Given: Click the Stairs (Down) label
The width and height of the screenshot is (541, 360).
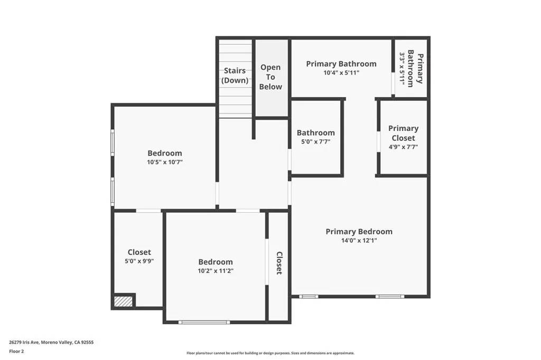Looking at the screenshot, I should click(235, 75).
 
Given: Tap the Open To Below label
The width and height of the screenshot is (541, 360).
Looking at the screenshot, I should click(270, 77).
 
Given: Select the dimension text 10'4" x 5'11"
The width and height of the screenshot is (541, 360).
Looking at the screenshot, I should click(341, 73).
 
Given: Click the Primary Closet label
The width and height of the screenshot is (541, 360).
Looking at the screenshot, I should click(403, 133).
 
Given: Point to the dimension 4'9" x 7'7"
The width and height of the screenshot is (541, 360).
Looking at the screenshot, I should click(403, 147).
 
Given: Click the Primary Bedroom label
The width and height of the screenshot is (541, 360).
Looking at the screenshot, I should click(359, 231).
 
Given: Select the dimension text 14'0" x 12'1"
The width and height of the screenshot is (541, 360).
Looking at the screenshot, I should click(359, 240).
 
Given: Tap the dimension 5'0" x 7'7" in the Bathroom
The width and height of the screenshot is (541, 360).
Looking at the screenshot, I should click(315, 142).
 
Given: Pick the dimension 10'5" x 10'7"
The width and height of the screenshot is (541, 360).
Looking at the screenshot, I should click(164, 163).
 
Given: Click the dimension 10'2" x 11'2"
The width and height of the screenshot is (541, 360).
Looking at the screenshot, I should click(215, 271).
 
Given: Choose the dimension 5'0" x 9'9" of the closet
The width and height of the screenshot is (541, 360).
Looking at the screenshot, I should click(139, 261).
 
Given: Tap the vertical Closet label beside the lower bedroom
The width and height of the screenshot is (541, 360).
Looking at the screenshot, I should click(279, 263).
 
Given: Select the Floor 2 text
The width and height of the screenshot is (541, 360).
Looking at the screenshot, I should click(16, 350).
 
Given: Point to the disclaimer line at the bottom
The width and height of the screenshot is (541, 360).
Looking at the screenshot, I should click(270, 353).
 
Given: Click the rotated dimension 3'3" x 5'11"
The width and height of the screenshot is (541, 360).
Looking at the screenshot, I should click(405, 69).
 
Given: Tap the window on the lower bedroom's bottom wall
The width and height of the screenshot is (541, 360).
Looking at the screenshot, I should click(204, 321).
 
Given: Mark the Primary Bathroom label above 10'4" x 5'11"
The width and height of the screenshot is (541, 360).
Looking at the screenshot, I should click(341, 64).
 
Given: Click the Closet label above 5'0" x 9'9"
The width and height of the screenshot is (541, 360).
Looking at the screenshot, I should click(139, 252).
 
